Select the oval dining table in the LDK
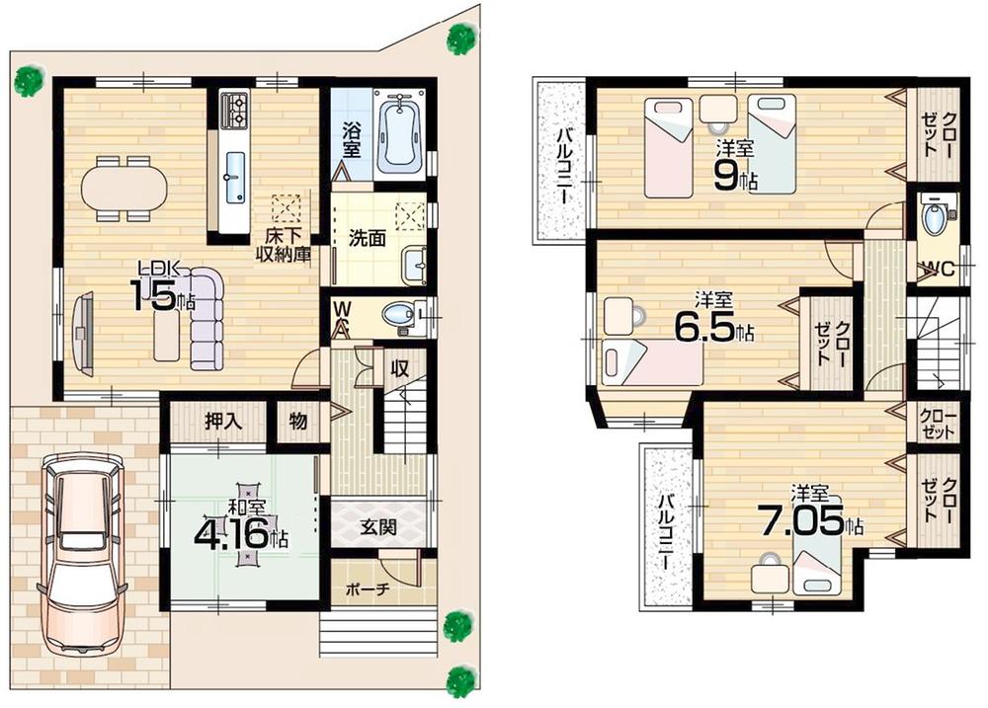(124, 187)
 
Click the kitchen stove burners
(237, 111)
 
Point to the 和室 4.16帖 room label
(242, 530)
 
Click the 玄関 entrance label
(377, 527)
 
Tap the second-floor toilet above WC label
(934, 216)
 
